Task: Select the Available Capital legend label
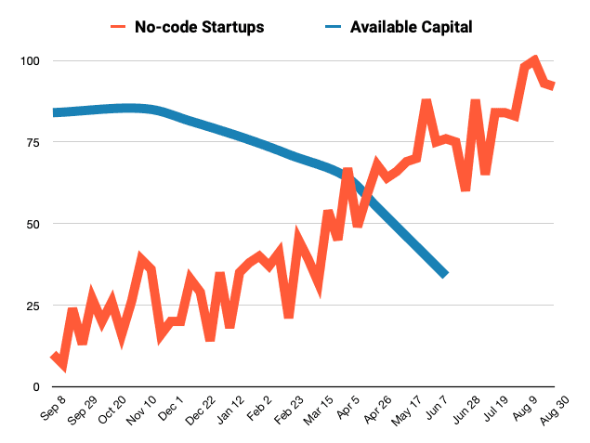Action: [411, 27]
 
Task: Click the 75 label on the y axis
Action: [33, 143]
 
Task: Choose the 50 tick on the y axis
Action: [33, 225]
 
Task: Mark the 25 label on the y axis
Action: [33, 306]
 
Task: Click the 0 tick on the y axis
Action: [36, 387]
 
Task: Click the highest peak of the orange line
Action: [533, 61]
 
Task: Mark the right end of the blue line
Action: [445, 274]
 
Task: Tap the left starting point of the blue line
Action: [54, 112]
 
